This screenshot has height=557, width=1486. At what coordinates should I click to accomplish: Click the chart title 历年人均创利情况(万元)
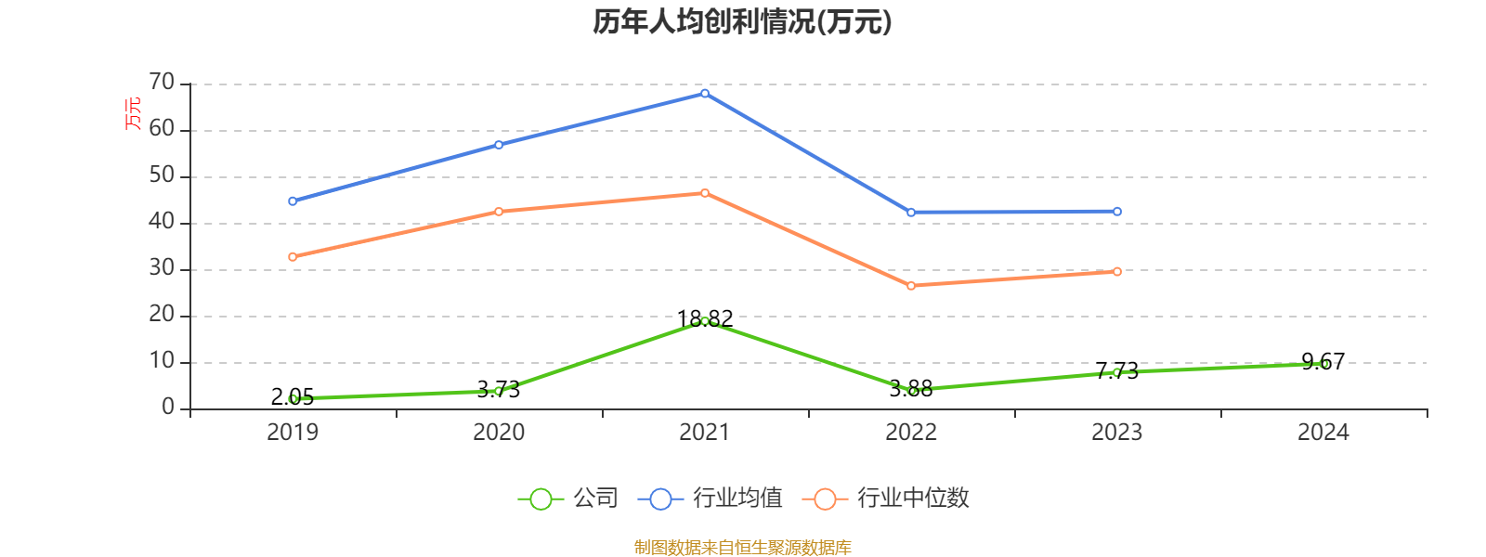point(742,21)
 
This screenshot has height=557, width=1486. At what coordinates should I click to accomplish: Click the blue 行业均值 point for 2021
point(705,93)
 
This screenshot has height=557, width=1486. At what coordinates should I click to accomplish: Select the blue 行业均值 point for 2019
point(293,201)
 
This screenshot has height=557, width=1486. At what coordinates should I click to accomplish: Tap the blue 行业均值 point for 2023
point(1117,212)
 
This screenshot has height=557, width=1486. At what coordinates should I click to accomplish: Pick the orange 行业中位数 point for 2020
point(499,212)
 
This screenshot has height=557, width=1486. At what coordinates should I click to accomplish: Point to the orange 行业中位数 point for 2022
point(911,286)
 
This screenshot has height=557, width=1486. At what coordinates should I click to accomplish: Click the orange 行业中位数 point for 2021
point(705,193)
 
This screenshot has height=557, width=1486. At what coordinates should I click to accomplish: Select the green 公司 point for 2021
point(705,321)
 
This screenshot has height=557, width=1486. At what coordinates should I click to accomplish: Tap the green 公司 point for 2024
point(1323,364)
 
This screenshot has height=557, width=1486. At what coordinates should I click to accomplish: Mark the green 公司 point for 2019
point(293,398)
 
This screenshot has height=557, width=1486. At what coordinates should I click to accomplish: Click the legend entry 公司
point(568,499)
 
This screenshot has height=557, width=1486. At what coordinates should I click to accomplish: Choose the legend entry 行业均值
point(710,499)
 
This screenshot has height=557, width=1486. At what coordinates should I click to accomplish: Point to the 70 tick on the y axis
point(162,83)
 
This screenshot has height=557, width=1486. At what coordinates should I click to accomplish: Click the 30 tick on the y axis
point(162,268)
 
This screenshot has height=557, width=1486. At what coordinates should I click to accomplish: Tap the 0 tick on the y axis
point(168,408)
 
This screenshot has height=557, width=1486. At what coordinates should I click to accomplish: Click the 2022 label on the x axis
point(911,432)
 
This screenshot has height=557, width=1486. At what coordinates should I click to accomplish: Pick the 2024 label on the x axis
point(1323,432)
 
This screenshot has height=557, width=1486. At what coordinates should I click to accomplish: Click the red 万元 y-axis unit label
point(134,113)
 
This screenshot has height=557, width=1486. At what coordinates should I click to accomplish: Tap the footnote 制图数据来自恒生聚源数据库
point(742,547)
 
